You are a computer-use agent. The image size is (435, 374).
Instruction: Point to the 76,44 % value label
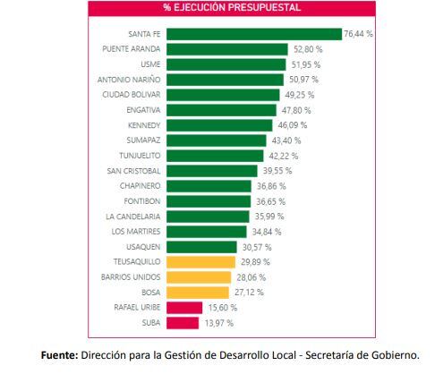358,34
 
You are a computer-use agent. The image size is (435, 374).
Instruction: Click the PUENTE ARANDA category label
132,48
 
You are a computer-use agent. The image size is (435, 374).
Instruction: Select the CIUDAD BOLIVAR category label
132,94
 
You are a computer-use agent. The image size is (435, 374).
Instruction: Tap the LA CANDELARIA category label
132,216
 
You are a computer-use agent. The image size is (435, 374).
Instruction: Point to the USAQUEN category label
141,246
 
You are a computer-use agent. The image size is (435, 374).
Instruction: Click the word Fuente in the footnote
60,355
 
